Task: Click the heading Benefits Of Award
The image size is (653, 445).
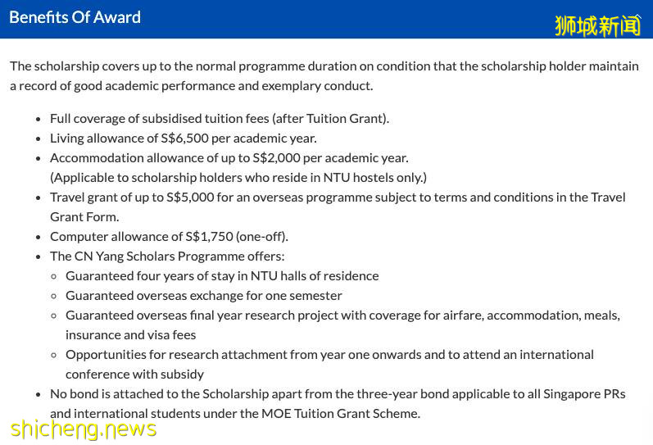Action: [75, 17]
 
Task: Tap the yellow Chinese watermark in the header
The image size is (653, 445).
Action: [597, 25]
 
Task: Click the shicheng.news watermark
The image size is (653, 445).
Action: [84, 429]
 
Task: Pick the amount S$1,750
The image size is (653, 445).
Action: [209, 236]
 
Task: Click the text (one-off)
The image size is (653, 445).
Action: [261, 236]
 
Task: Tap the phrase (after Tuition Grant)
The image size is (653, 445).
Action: [332, 118]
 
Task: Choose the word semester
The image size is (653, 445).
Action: [315, 295]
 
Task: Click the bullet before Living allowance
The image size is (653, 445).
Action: [39, 138]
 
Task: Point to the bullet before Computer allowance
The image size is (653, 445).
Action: [39, 237]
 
